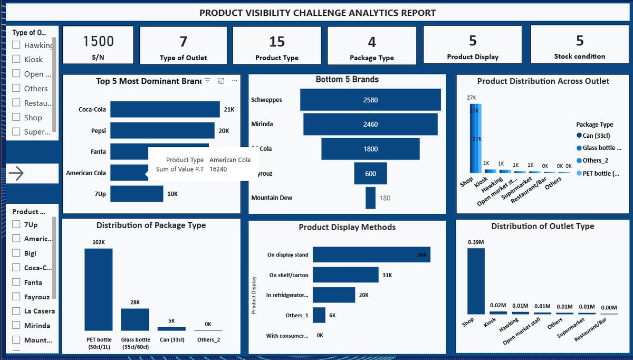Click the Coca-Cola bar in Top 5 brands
pos(165,109)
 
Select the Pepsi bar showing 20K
pos(162,130)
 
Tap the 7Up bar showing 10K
pos(137,194)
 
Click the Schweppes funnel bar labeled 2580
pos(370,100)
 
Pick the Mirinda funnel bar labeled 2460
pos(370,124)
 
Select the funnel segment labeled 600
pos(370,173)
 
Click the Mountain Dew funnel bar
pos(370,198)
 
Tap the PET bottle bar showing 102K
pos(99,289)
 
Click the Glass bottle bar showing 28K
pos(135,319)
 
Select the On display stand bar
pos(371,254)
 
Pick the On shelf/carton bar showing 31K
pos(346,275)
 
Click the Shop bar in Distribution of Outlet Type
pos(476,281)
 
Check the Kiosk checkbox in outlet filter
pos(16,60)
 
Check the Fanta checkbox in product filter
pos(16,282)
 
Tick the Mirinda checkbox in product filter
pos(16,326)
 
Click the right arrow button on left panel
pos(17,174)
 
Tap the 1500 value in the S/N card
pos(99,41)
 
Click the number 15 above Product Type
pos(277,41)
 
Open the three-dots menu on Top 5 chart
pos(234,81)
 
